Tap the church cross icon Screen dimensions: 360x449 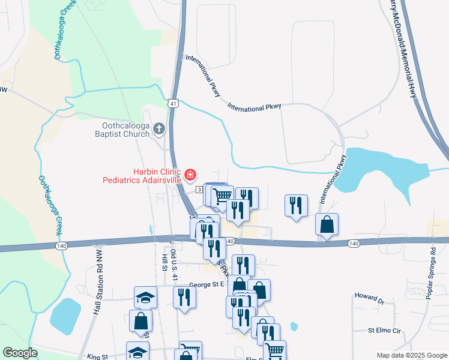(159, 128)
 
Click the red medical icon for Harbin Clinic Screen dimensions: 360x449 (190, 175)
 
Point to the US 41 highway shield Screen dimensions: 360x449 (173, 104)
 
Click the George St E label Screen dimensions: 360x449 (206, 285)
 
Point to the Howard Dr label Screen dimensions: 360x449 (369, 297)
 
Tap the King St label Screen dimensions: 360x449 (96, 356)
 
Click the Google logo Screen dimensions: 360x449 (20, 353)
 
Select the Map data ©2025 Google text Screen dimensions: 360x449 (412, 355)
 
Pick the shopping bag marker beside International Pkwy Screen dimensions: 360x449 (327, 224)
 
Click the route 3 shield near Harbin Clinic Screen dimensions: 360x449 (199, 190)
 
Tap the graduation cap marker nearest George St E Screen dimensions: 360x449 (145, 296)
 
